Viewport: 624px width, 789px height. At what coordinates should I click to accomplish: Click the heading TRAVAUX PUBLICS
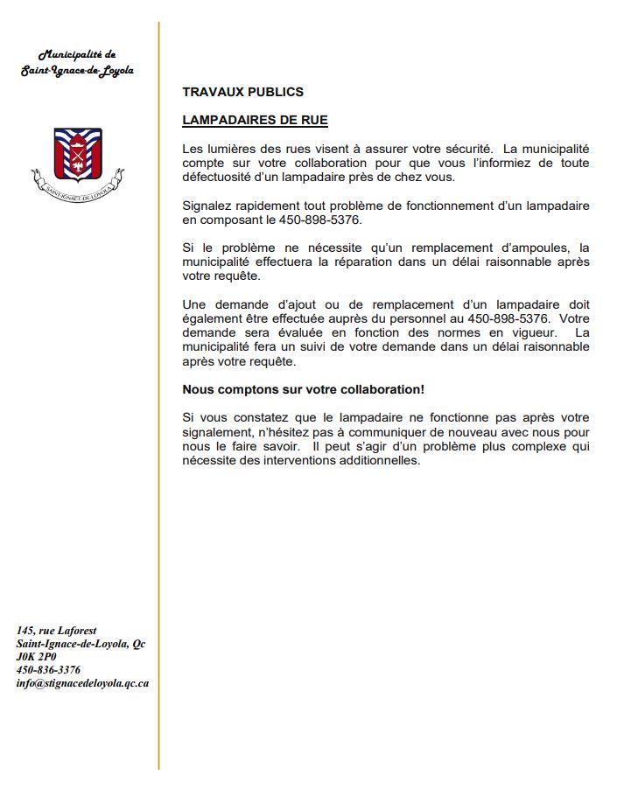click(242, 92)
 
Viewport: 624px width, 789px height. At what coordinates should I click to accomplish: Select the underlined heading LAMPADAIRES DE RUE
click(255, 119)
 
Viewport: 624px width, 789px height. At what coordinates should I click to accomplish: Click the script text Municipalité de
click(78, 55)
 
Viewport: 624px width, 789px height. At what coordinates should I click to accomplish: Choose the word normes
click(459, 333)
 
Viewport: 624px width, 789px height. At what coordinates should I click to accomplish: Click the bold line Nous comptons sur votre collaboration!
click(304, 388)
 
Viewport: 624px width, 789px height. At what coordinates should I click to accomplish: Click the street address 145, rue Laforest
click(56, 630)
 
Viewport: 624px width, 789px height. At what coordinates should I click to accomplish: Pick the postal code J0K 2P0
click(36, 656)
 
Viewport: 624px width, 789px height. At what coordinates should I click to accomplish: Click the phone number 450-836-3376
click(49, 669)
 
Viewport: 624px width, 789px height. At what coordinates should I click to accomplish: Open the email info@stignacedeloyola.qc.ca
click(82, 682)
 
